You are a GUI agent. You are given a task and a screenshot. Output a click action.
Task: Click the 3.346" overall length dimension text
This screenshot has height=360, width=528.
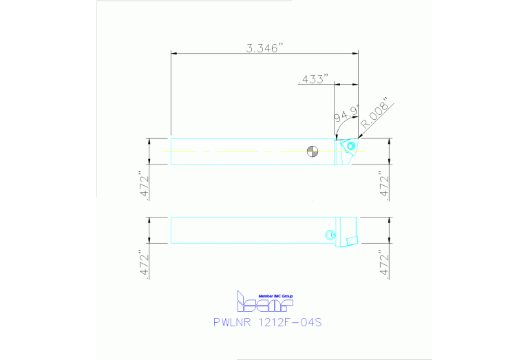click(x=265, y=48)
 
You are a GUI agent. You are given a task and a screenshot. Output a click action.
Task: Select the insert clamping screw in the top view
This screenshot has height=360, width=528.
click(x=350, y=146)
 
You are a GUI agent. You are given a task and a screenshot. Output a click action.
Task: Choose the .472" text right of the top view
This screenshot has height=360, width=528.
click(x=385, y=184)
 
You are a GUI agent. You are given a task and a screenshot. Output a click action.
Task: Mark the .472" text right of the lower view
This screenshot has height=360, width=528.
click(x=385, y=262)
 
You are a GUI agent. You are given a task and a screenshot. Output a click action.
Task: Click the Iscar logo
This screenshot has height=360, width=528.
click(x=264, y=303)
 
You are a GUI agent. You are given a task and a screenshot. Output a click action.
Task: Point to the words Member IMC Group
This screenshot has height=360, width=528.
click(x=275, y=295)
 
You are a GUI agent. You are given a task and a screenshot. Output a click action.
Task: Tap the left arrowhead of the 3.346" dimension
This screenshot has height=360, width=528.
click(x=173, y=53)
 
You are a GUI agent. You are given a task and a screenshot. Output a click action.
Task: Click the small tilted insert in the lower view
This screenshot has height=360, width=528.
click(x=350, y=241)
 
